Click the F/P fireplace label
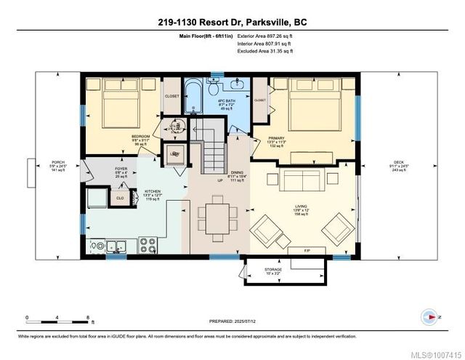click(308, 250)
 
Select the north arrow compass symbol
click(429, 318)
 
